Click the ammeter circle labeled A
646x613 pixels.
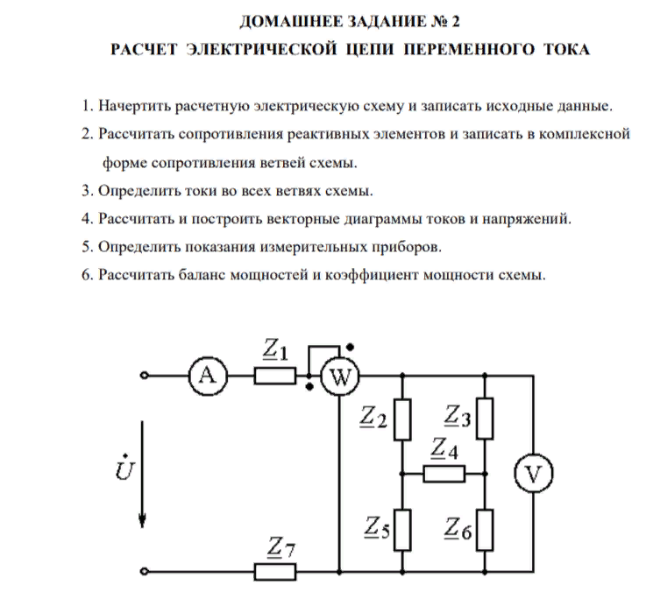[x=207, y=377]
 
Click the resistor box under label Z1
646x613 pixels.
[x=275, y=377]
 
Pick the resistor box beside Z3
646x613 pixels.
[x=485, y=419]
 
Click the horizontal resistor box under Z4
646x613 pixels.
[x=444, y=474]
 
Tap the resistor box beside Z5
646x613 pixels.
[x=401, y=529]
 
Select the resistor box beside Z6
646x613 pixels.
[x=485, y=529]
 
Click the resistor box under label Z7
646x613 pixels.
[x=275, y=572]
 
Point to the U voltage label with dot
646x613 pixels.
[x=124, y=470]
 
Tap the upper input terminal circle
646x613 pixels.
[x=145, y=377]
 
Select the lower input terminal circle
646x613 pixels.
[x=145, y=572]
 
